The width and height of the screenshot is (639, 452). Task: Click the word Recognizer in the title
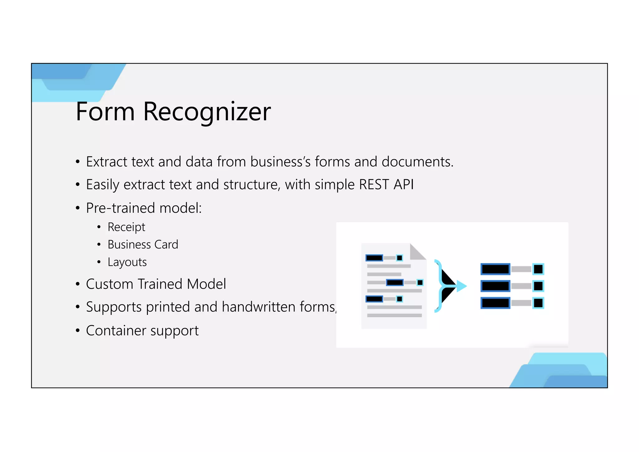207,112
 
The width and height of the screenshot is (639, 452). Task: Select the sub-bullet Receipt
126,227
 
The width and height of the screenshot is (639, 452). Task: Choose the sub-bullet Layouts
127,262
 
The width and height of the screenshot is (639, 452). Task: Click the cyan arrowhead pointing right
461,286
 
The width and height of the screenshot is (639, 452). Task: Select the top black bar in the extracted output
495,269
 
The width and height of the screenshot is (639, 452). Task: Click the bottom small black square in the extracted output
538,303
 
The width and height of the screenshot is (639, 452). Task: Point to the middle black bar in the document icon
395,283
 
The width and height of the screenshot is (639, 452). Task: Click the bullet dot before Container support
78,330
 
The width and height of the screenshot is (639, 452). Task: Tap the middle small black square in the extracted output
538,286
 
